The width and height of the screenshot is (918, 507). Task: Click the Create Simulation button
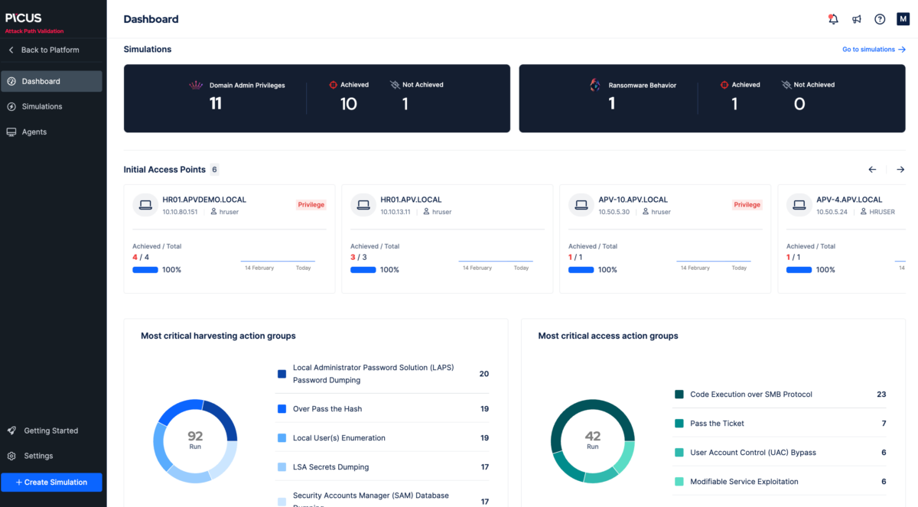pos(51,483)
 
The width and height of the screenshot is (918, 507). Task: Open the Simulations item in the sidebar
pos(42,106)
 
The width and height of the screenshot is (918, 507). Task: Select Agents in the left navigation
pos(34,132)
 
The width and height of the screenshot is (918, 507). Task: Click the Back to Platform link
pos(50,50)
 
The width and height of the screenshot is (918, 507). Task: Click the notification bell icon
pos(833,19)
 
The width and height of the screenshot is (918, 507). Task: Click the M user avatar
pos(903,19)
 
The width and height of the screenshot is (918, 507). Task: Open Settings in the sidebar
pos(38,456)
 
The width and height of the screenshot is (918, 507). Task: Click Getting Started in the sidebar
pos(50,431)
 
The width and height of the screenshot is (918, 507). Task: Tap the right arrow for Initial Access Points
pos(900,170)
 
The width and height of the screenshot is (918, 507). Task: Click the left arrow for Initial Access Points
pos(872,170)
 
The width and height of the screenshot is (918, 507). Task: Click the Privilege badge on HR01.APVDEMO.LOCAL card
pos(311,205)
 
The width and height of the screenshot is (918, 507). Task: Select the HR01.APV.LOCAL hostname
pos(411,200)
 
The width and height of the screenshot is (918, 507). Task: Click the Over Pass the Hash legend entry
pos(327,409)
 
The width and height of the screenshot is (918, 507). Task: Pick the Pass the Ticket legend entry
pos(717,424)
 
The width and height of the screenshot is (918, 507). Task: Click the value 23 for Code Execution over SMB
pos(881,395)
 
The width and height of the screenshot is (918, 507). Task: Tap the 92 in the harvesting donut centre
pos(195,437)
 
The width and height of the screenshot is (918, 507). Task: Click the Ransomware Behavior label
pos(642,86)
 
